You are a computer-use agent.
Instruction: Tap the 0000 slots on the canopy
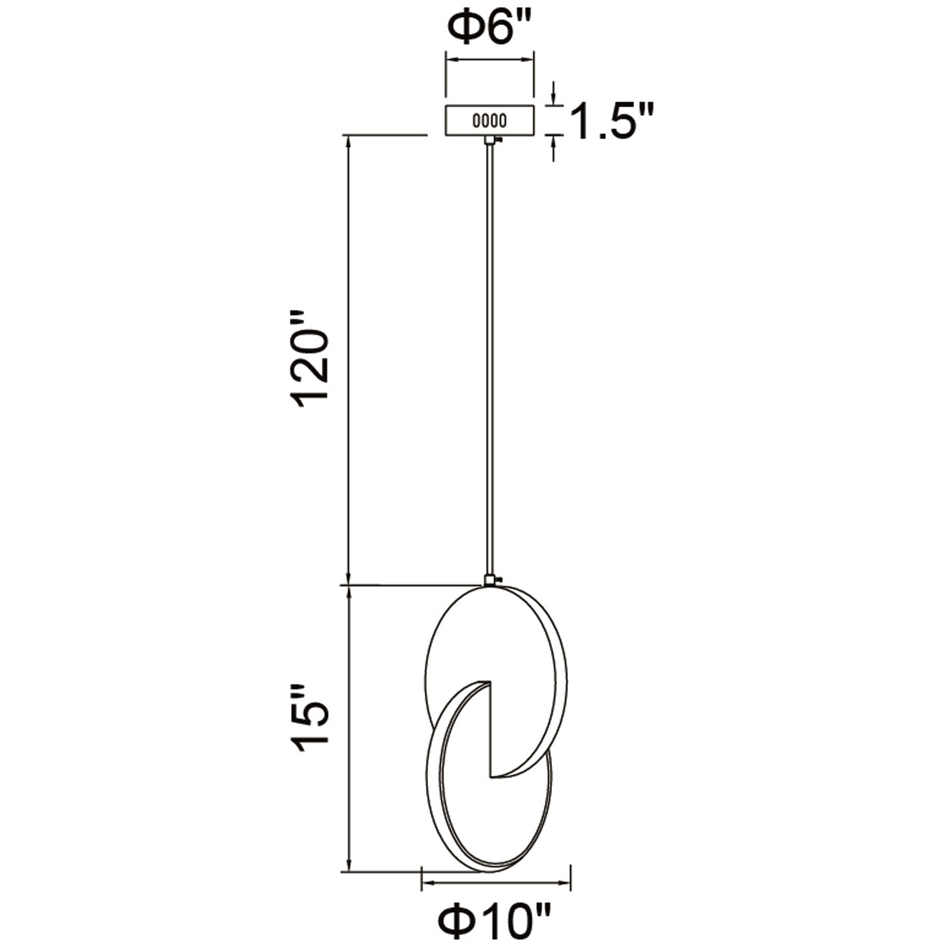click(489, 120)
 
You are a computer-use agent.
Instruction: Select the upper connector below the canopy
click(490, 140)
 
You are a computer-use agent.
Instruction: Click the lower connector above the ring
click(490, 580)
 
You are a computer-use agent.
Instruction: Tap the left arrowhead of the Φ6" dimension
click(451, 60)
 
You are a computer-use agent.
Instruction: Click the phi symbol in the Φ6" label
click(466, 28)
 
